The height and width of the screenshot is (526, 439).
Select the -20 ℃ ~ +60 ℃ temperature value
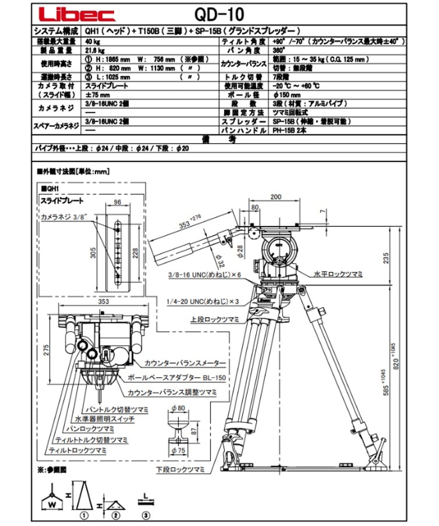(x=296, y=86)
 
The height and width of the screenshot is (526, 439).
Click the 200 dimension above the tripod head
(x=275, y=196)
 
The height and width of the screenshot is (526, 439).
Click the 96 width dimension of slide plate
(x=117, y=202)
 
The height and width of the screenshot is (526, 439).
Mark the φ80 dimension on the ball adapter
(x=177, y=408)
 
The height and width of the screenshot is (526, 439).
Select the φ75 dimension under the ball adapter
(x=177, y=451)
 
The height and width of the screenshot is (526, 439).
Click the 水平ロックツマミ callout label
(x=338, y=272)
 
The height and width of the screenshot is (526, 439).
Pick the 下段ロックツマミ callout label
(x=182, y=470)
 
